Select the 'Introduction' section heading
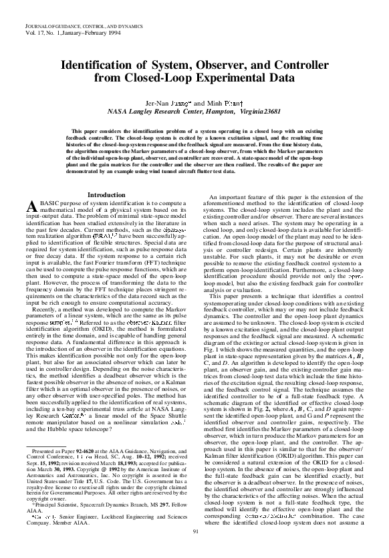[107, 194]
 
